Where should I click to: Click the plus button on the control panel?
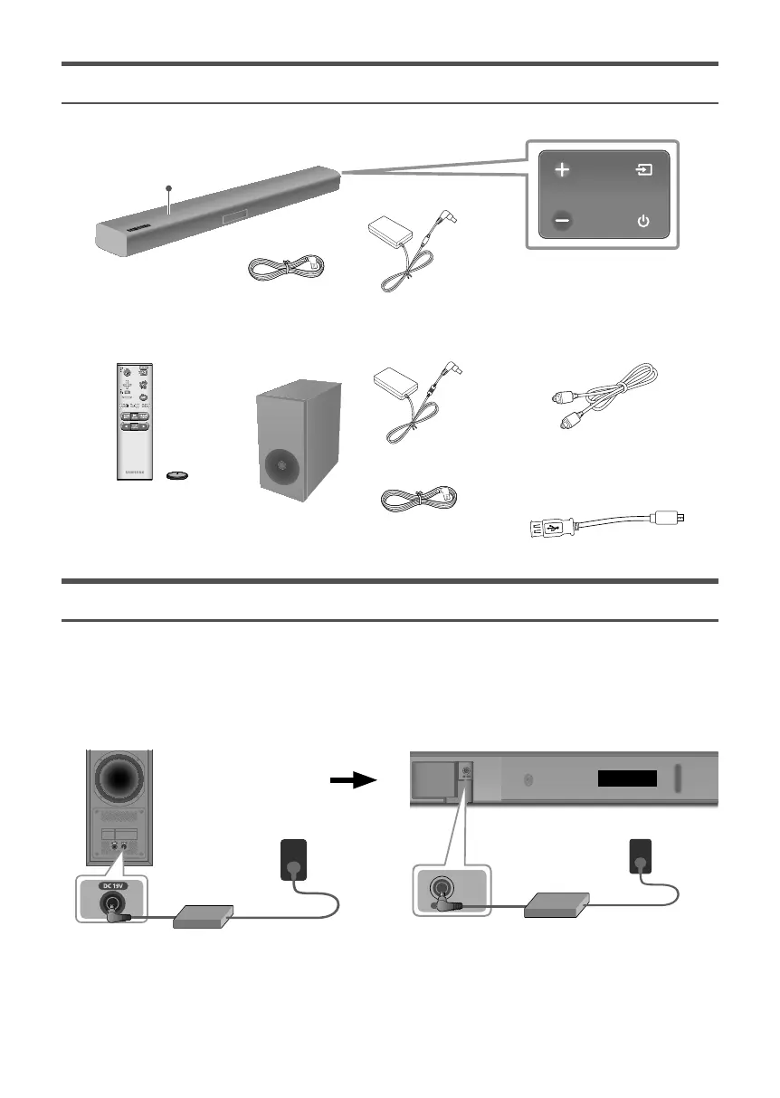coord(562,170)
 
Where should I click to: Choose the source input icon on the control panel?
coord(643,170)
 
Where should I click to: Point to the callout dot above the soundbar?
coord(168,187)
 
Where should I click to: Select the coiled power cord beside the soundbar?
coord(285,268)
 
